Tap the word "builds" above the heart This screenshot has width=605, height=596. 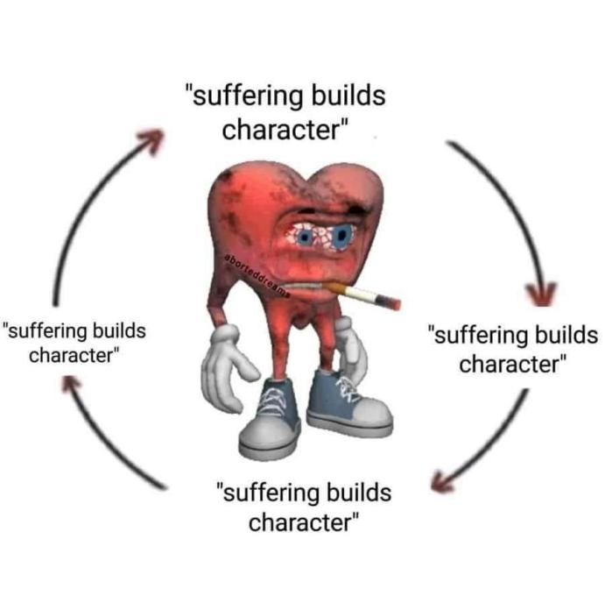click(x=348, y=95)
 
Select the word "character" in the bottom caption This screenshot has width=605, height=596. click(x=300, y=522)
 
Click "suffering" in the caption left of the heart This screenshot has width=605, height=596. click(x=46, y=331)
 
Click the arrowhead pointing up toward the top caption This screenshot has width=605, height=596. click(x=152, y=140)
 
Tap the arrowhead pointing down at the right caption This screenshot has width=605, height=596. click(x=542, y=294)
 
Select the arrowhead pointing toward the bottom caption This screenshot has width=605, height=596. click(x=442, y=482)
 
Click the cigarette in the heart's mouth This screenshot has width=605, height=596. click(x=362, y=295)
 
